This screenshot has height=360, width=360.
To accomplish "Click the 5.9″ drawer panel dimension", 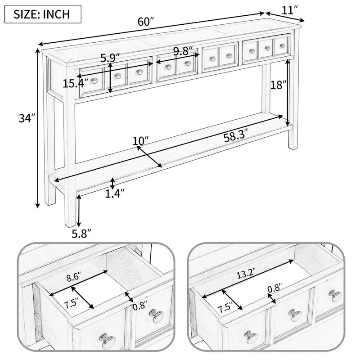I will point(110,58).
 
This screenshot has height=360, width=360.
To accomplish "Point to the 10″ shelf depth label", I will point(141,141).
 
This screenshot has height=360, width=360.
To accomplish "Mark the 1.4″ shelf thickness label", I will point(114,193).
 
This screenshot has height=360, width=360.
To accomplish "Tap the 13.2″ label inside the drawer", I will point(247,273).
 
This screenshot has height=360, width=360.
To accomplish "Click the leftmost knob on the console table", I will point(94,81).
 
